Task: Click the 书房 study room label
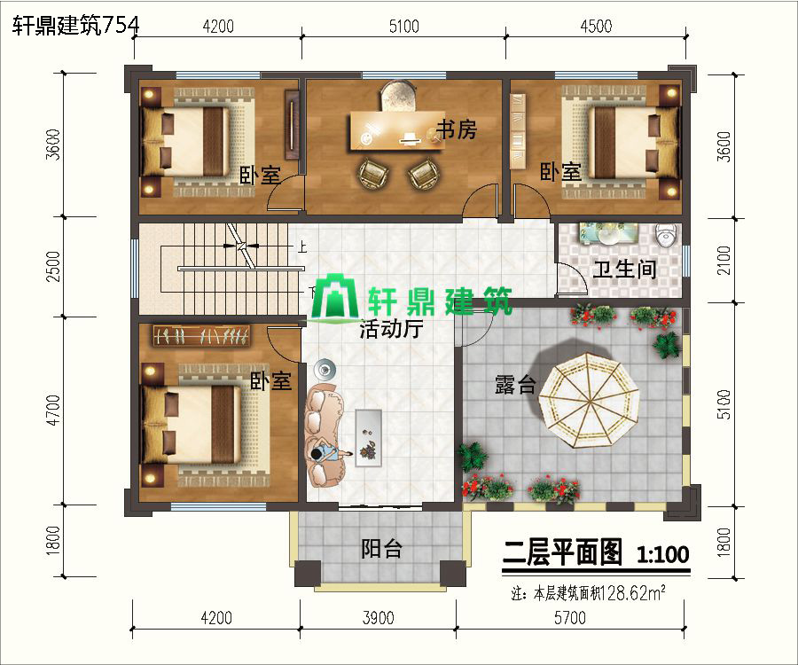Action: click(x=457, y=129)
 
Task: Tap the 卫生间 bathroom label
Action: click(x=624, y=269)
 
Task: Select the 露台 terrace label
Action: click(x=515, y=385)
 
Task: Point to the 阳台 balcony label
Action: click(x=381, y=549)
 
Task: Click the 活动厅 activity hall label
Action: click(x=391, y=329)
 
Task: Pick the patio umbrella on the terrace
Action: click(x=589, y=400)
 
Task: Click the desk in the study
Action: click(x=396, y=131)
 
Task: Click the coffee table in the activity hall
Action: click(x=368, y=436)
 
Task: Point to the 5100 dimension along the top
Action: click(x=404, y=26)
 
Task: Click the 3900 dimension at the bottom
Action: click(x=378, y=618)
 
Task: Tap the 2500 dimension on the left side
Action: click(x=53, y=266)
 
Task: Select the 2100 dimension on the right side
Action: click(x=724, y=261)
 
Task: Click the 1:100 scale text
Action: click(x=662, y=554)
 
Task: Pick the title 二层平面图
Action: click(x=562, y=553)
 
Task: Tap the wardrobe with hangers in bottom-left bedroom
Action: click(x=201, y=335)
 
